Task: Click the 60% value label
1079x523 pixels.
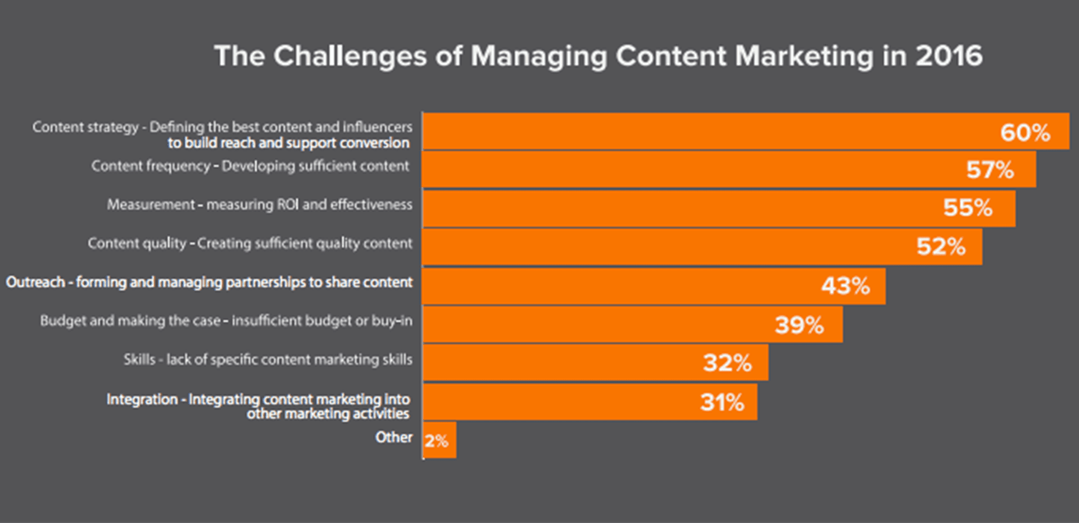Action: [1024, 133]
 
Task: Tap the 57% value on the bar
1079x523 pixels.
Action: [990, 170]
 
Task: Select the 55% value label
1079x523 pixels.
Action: [967, 208]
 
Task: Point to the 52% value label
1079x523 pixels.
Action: [941, 247]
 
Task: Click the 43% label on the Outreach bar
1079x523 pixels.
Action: [845, 286]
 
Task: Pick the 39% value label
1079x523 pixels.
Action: [799, 325]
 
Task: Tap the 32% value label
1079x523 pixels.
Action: [727, 363]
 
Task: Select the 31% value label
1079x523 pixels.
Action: [722, 402]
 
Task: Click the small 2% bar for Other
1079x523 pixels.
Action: [439, 440]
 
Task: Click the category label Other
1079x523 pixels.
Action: [393, 437]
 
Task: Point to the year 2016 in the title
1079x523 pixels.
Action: [949, 56]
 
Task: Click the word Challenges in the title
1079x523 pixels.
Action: [350, 57]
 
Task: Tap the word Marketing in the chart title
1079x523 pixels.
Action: [804, 57]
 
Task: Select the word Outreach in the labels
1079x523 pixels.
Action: [35, 282]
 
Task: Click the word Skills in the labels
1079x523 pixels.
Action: [139, 360]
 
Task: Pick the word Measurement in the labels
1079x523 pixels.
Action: [151, 204]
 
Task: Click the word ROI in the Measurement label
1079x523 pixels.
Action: [288, 204]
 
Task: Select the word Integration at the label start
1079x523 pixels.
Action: [142, 399]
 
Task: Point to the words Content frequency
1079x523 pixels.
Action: [151, 166]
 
